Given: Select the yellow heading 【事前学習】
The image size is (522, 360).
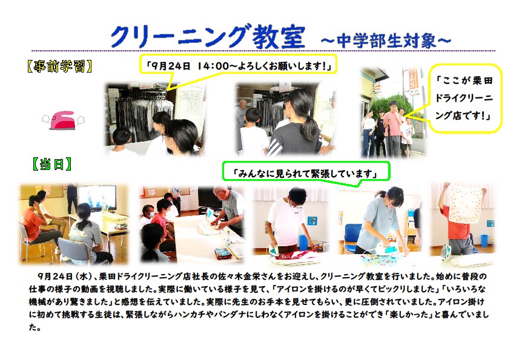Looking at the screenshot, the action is [x=59, y=67].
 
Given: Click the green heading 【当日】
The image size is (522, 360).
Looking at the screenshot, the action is [x=51, y=164].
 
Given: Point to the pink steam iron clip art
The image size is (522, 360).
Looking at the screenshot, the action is [x=63, y=120].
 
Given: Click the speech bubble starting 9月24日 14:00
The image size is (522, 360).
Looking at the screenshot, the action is [x=238, y=65].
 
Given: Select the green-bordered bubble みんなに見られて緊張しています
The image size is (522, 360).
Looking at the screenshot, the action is [x=305, y=172].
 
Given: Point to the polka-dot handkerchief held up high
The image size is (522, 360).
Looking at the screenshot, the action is [x=465, y=204].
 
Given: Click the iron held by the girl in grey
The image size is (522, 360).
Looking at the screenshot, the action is [x=387, y=249].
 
